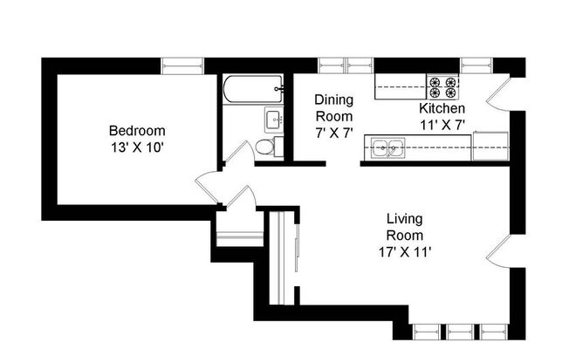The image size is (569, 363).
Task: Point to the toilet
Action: (x=269, y=147)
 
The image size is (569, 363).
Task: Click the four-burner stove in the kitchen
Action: (x=442, y=86)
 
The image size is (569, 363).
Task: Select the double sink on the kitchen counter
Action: (x=385, y=149)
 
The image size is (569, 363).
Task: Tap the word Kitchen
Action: (x=442, y=108)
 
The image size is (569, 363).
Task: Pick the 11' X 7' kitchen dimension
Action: (x=442, y=124)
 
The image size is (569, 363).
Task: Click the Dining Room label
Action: (x=333, y=107)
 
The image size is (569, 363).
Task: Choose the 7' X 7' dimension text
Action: (x=333, y=133)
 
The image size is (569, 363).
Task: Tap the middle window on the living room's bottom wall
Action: (x=459, y=332)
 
